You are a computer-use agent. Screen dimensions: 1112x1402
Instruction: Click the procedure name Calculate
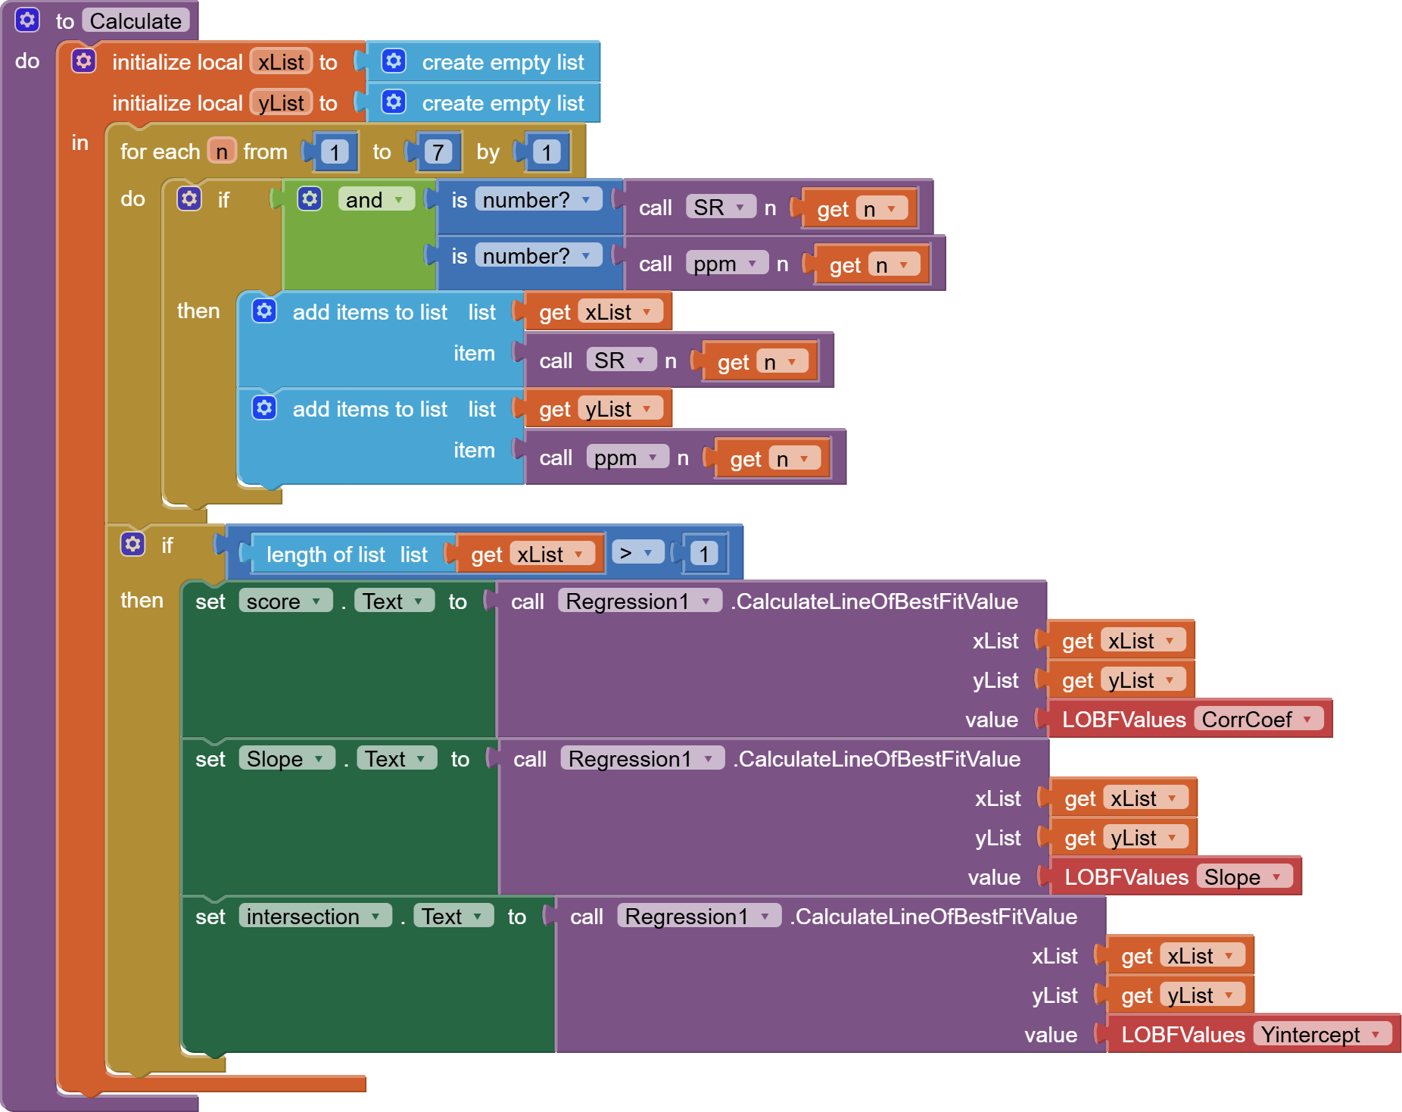136,21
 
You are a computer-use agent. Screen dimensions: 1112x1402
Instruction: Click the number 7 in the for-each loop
437,152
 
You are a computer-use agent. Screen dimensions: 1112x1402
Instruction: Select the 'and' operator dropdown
375,200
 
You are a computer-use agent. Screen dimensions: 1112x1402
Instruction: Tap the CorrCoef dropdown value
1257,719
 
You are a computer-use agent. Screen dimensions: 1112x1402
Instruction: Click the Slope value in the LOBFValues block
1242,876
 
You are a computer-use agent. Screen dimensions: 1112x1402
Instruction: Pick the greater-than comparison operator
636,554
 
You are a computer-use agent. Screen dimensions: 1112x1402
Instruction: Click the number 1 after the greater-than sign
704,554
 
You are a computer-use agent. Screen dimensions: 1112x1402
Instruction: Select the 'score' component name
284,601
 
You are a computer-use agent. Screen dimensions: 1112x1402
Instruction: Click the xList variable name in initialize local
281,62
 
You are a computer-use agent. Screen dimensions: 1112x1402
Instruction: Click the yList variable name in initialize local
281,103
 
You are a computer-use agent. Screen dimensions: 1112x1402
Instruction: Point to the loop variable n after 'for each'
222,152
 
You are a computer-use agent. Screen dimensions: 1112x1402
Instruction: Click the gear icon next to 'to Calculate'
27,20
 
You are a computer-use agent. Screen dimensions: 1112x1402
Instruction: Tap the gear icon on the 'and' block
309,199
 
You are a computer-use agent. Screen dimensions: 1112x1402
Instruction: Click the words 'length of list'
326,554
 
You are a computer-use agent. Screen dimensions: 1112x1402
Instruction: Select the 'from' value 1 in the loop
334,152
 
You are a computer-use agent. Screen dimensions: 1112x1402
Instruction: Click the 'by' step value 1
546,152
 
